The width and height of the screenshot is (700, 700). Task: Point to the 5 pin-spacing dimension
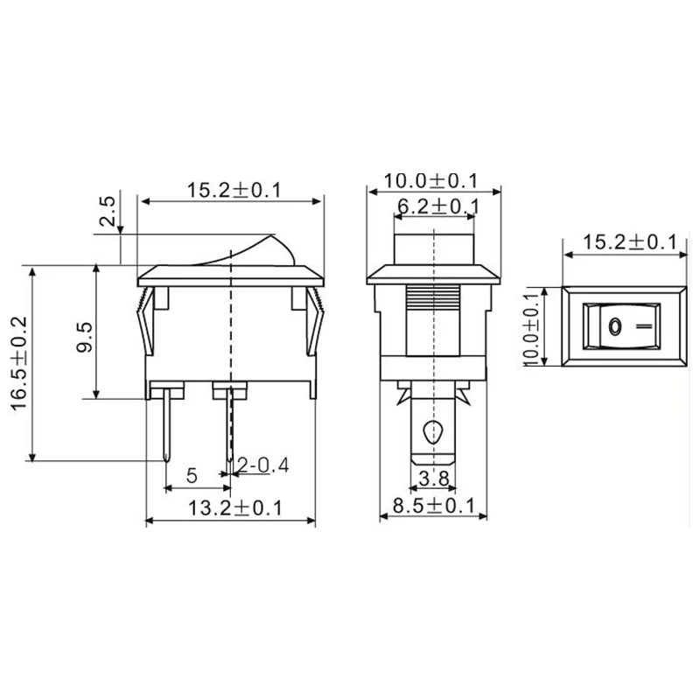tap(192, 477)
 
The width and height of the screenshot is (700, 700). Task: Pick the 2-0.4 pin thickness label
tap(262, 465)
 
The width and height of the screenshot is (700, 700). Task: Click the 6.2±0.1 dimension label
tap(437, 206)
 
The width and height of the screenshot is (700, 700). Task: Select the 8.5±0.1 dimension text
tap(432, 506)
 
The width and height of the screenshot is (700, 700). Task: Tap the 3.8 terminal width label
tap(434, 478)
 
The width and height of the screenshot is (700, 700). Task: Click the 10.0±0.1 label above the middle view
tap(433, 181)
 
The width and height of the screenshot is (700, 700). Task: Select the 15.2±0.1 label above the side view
tap(232, 189)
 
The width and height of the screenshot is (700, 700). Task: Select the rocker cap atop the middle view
tap(432, 246)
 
